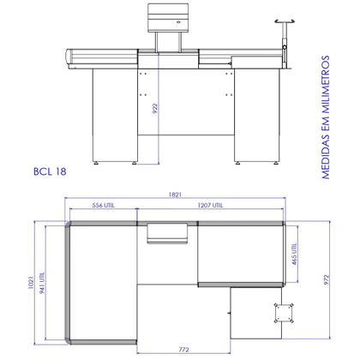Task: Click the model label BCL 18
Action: coord(50,171)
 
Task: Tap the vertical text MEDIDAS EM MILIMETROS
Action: coord(326,117)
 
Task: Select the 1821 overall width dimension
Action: coord(175,195)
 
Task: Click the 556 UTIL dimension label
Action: coord(103,205)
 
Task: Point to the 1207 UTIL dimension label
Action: coord(210,205)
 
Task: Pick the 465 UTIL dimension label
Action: coord(295,254)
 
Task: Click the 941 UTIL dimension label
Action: coord(42,283)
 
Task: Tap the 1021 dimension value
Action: coord(31,282)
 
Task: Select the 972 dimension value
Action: coord(327,280)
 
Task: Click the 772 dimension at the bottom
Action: coord(183,350)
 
